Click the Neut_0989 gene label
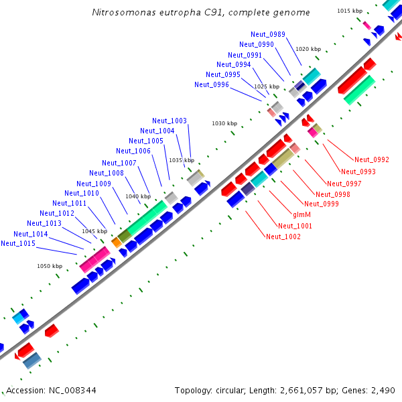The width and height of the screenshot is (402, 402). point(268,34)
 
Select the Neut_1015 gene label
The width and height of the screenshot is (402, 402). point(17,243)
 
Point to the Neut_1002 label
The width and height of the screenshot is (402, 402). point(283,237)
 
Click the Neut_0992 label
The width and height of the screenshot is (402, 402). point(372,159)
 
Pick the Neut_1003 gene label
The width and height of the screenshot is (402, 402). point(170,121)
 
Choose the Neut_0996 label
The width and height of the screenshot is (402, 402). point(212,85)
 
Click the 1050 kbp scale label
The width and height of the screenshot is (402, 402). point(49,266)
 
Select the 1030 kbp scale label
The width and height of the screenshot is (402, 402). point(224,123)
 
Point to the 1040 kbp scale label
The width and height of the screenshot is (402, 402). point(137,196)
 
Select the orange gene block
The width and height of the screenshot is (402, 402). point(117,242)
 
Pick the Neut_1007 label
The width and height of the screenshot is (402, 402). point(119,163)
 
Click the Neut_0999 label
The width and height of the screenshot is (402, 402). point(321,204)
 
